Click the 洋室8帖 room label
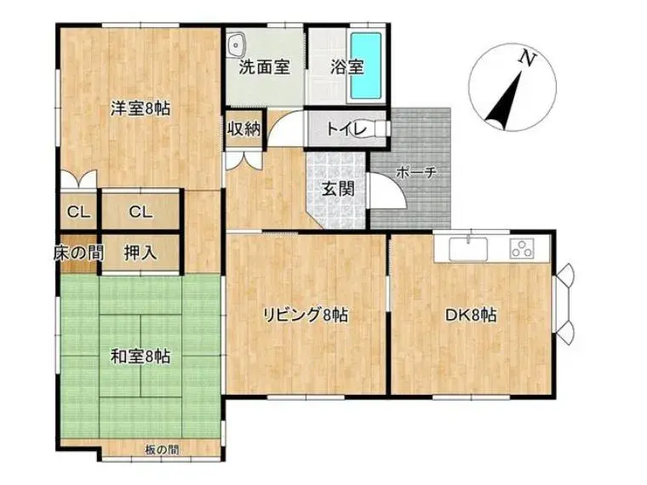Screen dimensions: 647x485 coord(140,108)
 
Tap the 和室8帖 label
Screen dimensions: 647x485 coord(140,357)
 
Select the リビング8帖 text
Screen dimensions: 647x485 coord(306,316)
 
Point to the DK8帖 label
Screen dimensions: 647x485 coord(471,316)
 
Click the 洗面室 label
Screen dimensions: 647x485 coord(264,67)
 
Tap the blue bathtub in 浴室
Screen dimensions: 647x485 coord(365,66)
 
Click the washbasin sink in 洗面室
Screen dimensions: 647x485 coord(237,44)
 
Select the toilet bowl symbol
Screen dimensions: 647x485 coord(381,128)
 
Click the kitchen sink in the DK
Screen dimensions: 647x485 coord(468,248)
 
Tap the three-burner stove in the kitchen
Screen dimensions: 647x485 coord(522,248)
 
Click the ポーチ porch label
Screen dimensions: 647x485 coord(416,173)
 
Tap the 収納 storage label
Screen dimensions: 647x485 coord(244,129)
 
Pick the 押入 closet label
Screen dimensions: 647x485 coord(140,253)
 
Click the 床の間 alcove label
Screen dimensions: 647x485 coord(78,253)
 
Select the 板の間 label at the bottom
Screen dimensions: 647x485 coord(162,449)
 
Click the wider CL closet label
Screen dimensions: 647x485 coord(140,213)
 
